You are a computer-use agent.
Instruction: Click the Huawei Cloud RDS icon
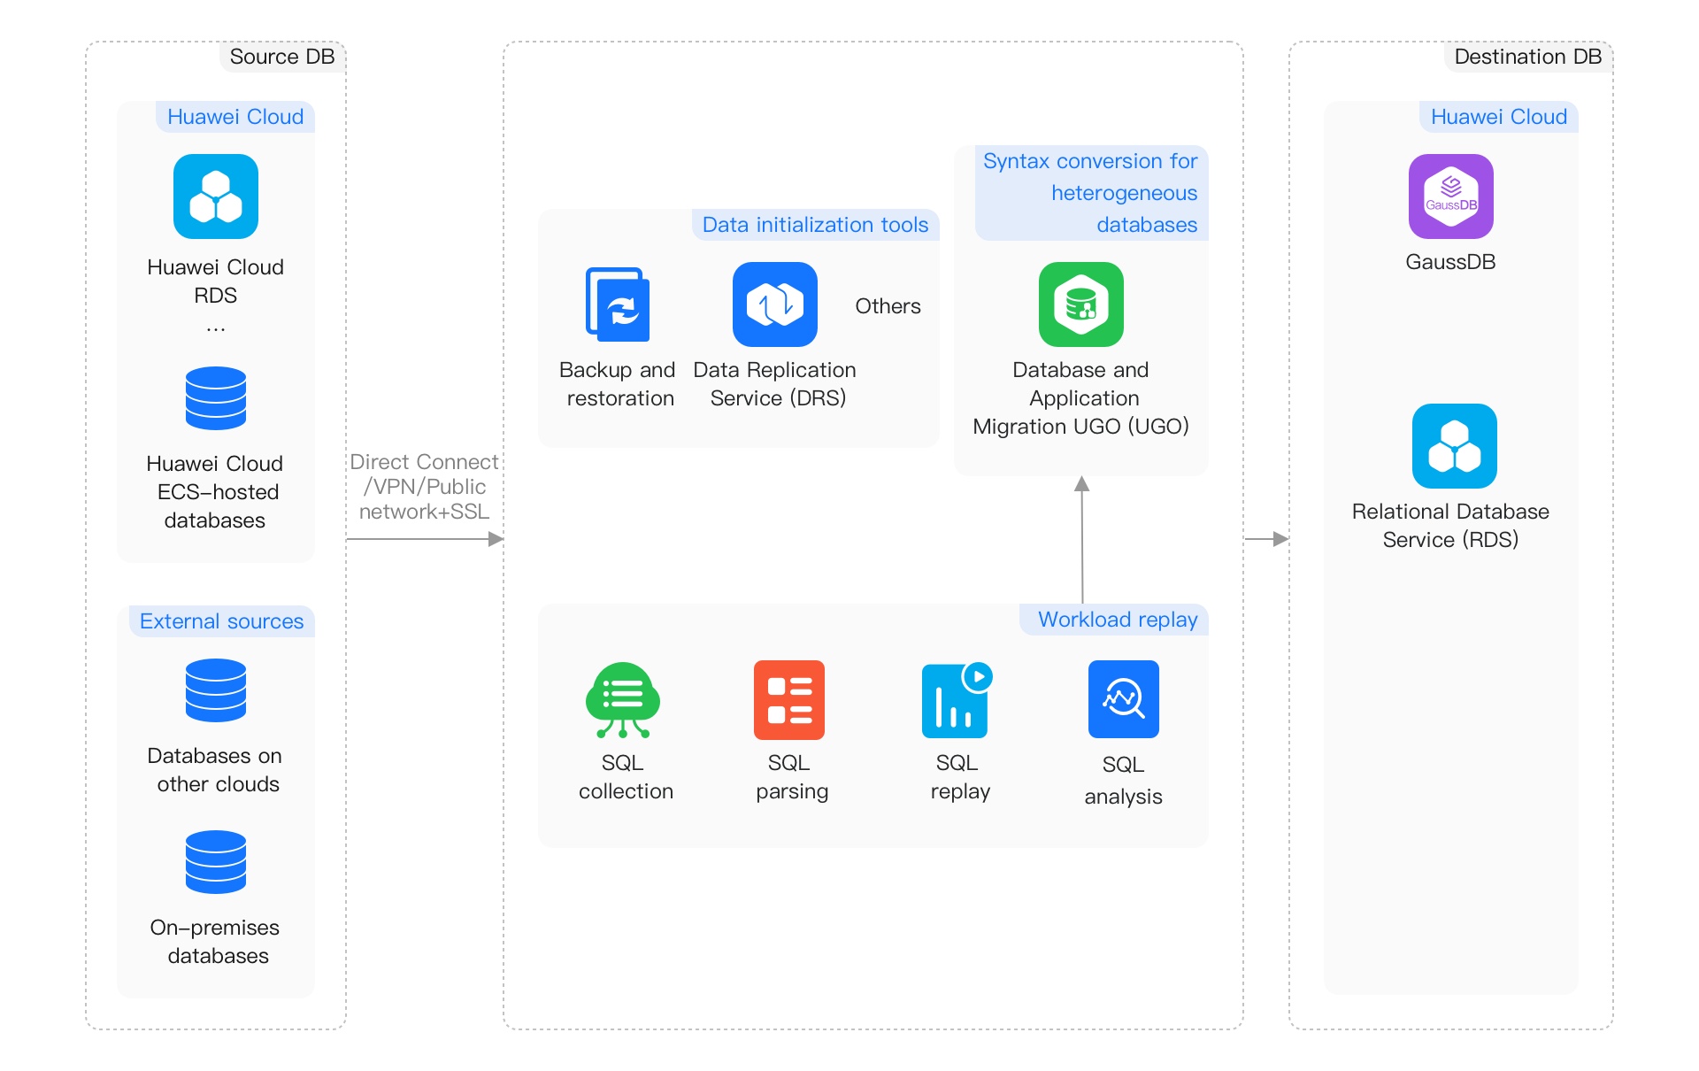(x=215, y=196)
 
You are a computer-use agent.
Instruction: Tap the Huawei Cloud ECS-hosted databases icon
(x=215, y=398)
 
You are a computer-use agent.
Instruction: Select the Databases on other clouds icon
(x=215, y=690)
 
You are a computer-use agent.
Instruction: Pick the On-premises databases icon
(x=215, y=862)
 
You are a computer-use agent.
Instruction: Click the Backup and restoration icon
(x=618, y=304)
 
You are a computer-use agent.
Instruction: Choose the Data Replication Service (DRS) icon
(x=774, y=304)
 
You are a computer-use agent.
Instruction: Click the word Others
(x=888, y=306)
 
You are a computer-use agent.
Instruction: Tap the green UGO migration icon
(x=1080, y=304)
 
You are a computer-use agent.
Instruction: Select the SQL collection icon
(x=622, y=700)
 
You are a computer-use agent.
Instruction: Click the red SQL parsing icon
(x=788, y=700)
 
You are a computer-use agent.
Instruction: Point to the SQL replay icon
(x=956, y=700)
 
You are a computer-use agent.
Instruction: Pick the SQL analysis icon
(x=1123, y=699)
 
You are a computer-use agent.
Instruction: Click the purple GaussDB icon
(x=1450, y=196)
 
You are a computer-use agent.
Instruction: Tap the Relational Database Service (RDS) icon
(x=1454, y=446)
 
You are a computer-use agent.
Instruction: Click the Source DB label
(x=281, y=57)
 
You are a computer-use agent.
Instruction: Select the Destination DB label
(x=1527, y=57)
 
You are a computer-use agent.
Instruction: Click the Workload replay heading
(x=1117, y=620)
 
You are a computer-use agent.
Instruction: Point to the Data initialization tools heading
(x=815, y=225)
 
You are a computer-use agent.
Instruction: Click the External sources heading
(x=221, y=621)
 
